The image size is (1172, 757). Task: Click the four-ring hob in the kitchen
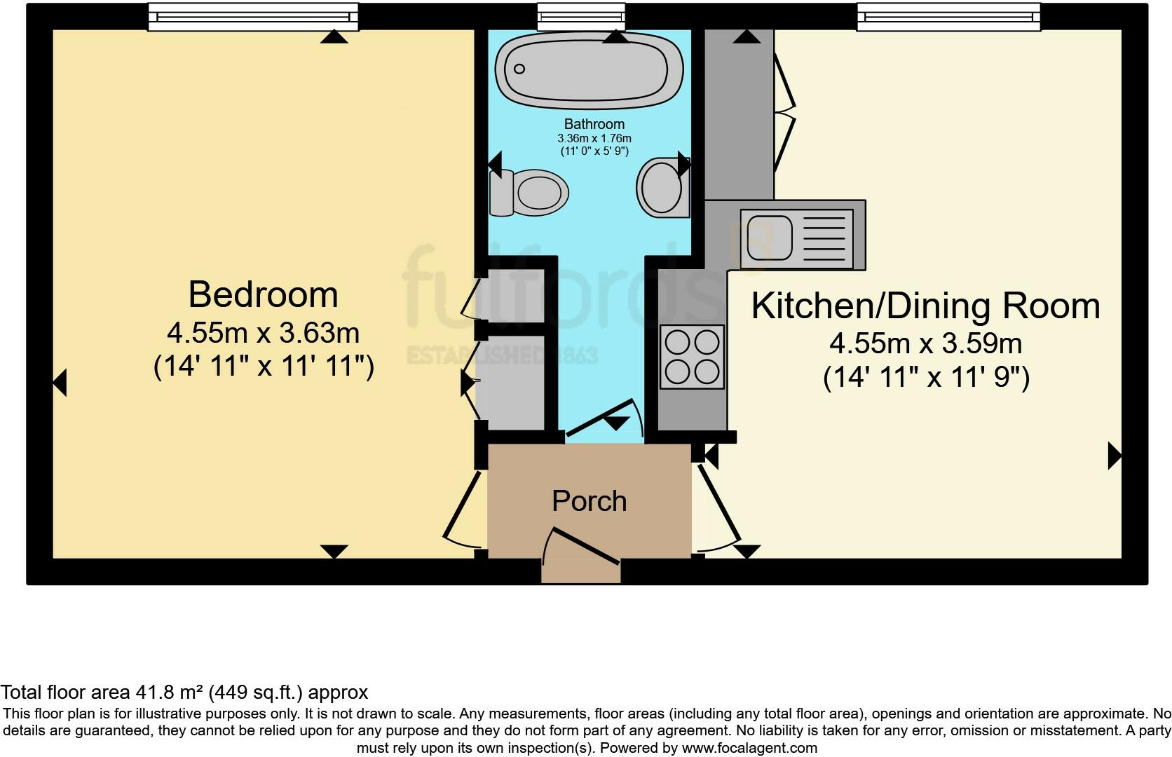pos(692,357)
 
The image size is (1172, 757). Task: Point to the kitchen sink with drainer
pos(799,235)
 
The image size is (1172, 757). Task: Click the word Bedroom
pos(263,294)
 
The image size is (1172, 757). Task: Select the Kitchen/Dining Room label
pos(925,306)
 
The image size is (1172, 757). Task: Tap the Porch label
pos(589,501)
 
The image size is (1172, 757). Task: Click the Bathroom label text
pos(594,124)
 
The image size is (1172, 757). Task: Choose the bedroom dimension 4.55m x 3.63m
pos(263,333)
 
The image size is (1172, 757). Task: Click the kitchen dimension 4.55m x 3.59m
pos(925,344)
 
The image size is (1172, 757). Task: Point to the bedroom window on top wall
pos(253,17)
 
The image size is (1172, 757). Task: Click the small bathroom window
pos(580,17)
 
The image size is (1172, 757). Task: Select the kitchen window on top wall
pos(948,17)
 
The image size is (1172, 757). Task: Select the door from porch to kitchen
pos(718,508)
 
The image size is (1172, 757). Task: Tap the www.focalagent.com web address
pos(749,748)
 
